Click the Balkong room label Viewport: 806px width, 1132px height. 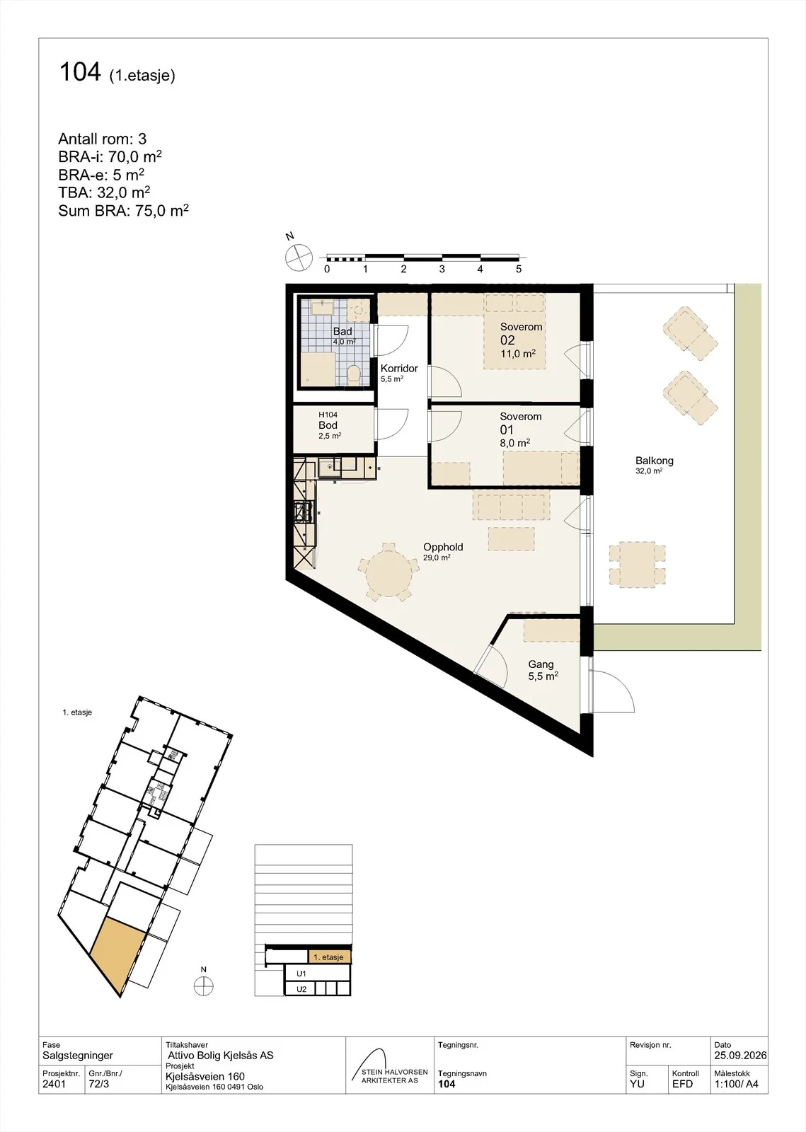(x=654, y=461)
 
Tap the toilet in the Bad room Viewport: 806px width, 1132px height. (x=355, y=375)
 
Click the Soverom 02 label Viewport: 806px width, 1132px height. (x=521, y=333)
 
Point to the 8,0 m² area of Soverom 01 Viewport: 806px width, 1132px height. (x=514, y=443)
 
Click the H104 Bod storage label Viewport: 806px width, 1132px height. (x=328, y=420)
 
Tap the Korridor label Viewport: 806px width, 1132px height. (x=399, y=369)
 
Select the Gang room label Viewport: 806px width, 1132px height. (x=541, y=664)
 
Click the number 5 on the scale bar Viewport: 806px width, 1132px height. (x=519, y=269)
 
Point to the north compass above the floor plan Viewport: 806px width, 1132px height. (x=299, y=258)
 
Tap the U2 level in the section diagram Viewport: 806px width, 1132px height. (x=301, y=989)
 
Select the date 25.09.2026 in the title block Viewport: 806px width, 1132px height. (x=740, y=1055)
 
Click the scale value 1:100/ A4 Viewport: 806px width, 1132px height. (x=736, y=1083)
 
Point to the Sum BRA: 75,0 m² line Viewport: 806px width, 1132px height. (x=123, y=209)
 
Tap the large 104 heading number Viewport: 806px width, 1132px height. (x=80, y=71)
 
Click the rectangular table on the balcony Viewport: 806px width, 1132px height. (x=637, y=565)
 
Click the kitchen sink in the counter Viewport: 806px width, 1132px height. (x=328, y=468)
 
